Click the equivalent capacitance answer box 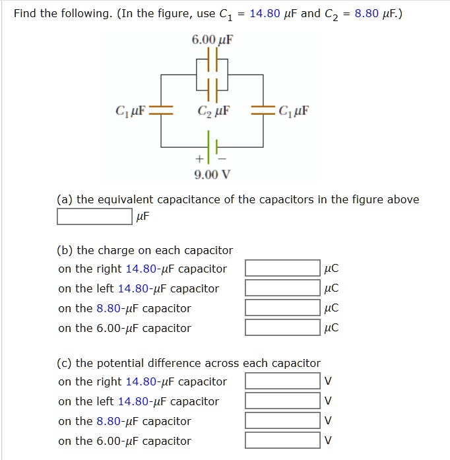(x=94, y=216)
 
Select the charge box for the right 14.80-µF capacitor (x=282, y=268)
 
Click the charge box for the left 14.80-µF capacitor (x=282, y=288)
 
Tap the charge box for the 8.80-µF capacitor (x=282, y=308)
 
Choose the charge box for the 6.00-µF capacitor (x=282, y=327)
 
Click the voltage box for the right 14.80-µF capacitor (x=282, y=381)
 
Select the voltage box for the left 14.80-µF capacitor (x=282, y=401)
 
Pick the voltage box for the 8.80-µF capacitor (x=282, y=420)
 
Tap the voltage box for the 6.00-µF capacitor (x=282, y=440)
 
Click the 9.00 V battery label (x=212, y=174)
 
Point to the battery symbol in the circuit (x=212, y=143)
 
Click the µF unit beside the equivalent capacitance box (x=143, y=216)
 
